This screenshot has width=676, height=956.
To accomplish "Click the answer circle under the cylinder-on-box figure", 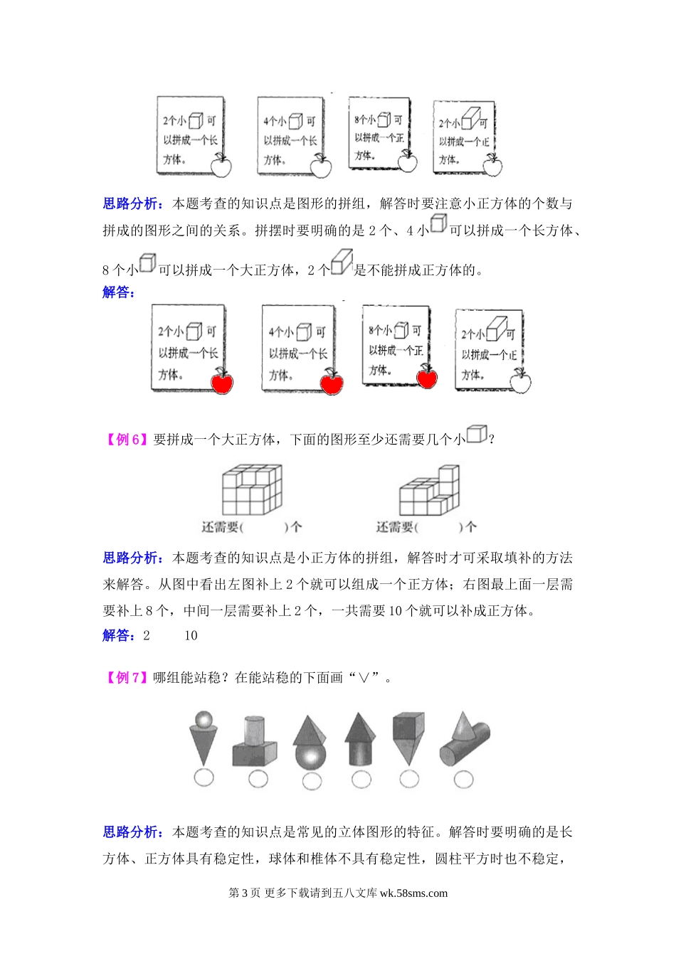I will point(258,780).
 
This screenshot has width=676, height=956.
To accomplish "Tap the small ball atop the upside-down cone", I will point(204,719).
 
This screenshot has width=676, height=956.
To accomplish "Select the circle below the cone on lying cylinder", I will point(463,780).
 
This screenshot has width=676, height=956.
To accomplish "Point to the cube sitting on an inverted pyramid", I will point(408,728).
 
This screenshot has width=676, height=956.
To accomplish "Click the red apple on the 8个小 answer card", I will point(427,377).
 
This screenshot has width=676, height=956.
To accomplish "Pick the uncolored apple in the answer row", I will point(520,382).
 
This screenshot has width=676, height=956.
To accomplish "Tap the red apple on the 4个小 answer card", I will point(331,383).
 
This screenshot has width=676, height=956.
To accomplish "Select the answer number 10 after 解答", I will point(191,636).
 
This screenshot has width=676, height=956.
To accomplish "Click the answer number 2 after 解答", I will point(147,636).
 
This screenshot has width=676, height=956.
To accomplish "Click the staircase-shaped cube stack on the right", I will point(429,490).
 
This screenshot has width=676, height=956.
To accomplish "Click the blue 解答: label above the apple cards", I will point(118,292).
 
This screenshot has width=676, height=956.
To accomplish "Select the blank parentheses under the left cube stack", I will point(264,527).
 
